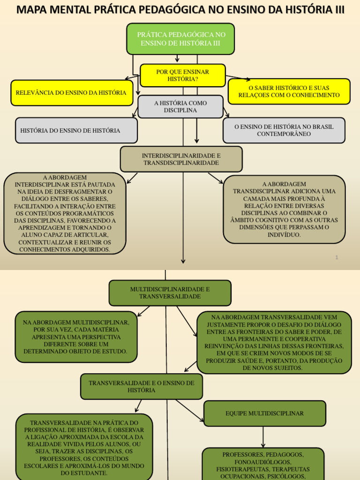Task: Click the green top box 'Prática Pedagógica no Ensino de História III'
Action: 180,39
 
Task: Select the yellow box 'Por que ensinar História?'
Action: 183,75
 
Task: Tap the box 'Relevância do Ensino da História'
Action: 71,93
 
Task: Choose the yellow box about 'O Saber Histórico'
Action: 289,91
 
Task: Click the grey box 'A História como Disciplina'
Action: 180,107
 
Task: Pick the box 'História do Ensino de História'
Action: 76,130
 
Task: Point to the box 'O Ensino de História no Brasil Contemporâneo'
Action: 284,130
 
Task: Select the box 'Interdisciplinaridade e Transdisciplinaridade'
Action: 181,159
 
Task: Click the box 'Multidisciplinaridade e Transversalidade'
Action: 170,293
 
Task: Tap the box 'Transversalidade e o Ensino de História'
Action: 142,387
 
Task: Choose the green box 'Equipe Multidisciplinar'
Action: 265,413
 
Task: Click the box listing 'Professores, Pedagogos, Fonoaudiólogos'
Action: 263,464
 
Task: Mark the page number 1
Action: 337,257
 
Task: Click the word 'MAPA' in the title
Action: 33,9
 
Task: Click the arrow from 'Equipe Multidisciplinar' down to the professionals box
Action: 263,437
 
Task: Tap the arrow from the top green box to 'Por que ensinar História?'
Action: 177,59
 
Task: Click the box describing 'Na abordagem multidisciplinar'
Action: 76,337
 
